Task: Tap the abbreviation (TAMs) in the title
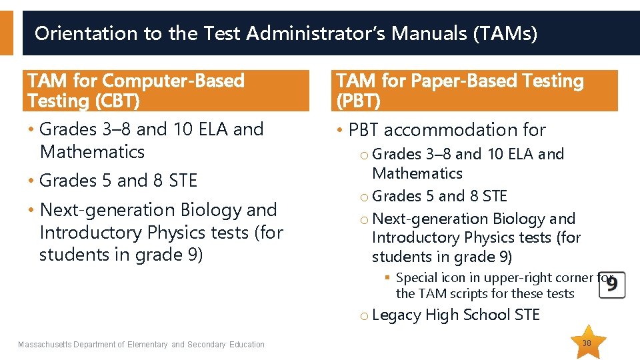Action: click(505, 33)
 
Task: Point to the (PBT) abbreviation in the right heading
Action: click(359, 101)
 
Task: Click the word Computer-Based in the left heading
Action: click(173, 81)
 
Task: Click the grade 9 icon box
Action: click(611, 285)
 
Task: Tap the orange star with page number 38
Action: click(587, 343)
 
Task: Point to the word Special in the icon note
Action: click(417, 278)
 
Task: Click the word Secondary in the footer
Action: click(207, 345)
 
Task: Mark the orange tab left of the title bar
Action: click(6, 33)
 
